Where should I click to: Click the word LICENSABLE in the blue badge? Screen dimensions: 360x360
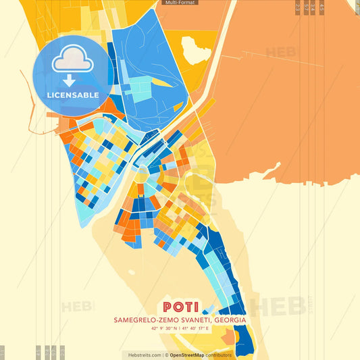click(74, 95)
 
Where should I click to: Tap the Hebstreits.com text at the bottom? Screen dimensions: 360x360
click(142, 355)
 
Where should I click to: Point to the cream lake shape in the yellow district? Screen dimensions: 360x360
click(196, 49)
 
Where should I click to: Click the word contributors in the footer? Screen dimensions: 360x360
click(219, 355)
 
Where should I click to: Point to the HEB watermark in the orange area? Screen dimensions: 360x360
click(279, 52)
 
